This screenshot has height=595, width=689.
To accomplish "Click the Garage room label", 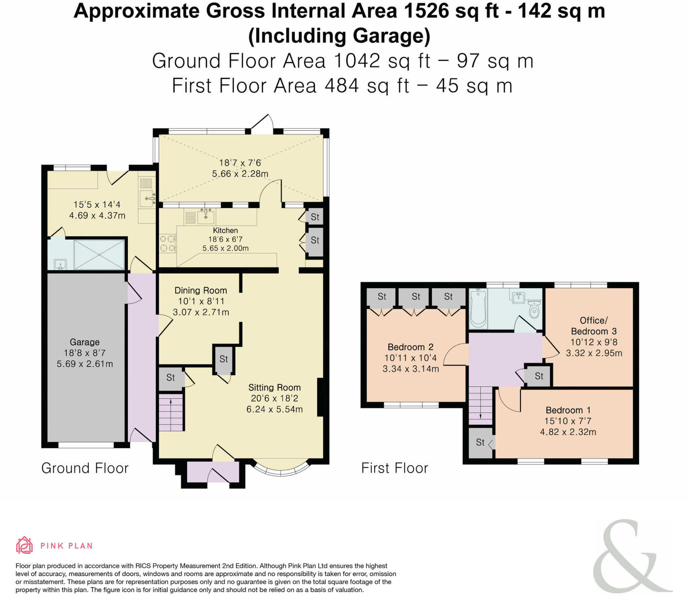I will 84,342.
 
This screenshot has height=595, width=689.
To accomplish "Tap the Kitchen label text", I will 225,231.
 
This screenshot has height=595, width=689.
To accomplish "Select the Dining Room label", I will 201,290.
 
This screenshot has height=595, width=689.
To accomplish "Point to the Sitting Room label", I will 274,387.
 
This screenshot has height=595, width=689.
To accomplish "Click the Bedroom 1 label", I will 568,410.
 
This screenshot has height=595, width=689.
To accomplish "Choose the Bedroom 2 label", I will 410,347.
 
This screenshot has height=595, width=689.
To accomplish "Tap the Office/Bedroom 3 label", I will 594,326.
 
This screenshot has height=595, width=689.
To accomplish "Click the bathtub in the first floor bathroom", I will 478,308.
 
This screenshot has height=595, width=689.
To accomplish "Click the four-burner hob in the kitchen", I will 167,244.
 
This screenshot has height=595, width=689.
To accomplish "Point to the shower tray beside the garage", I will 99,254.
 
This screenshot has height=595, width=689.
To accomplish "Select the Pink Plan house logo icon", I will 24,546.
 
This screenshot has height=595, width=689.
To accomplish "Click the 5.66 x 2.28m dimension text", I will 240,174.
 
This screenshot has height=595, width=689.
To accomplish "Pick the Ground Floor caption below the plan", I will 85,468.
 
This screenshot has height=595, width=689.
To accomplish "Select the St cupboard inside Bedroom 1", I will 480,442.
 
